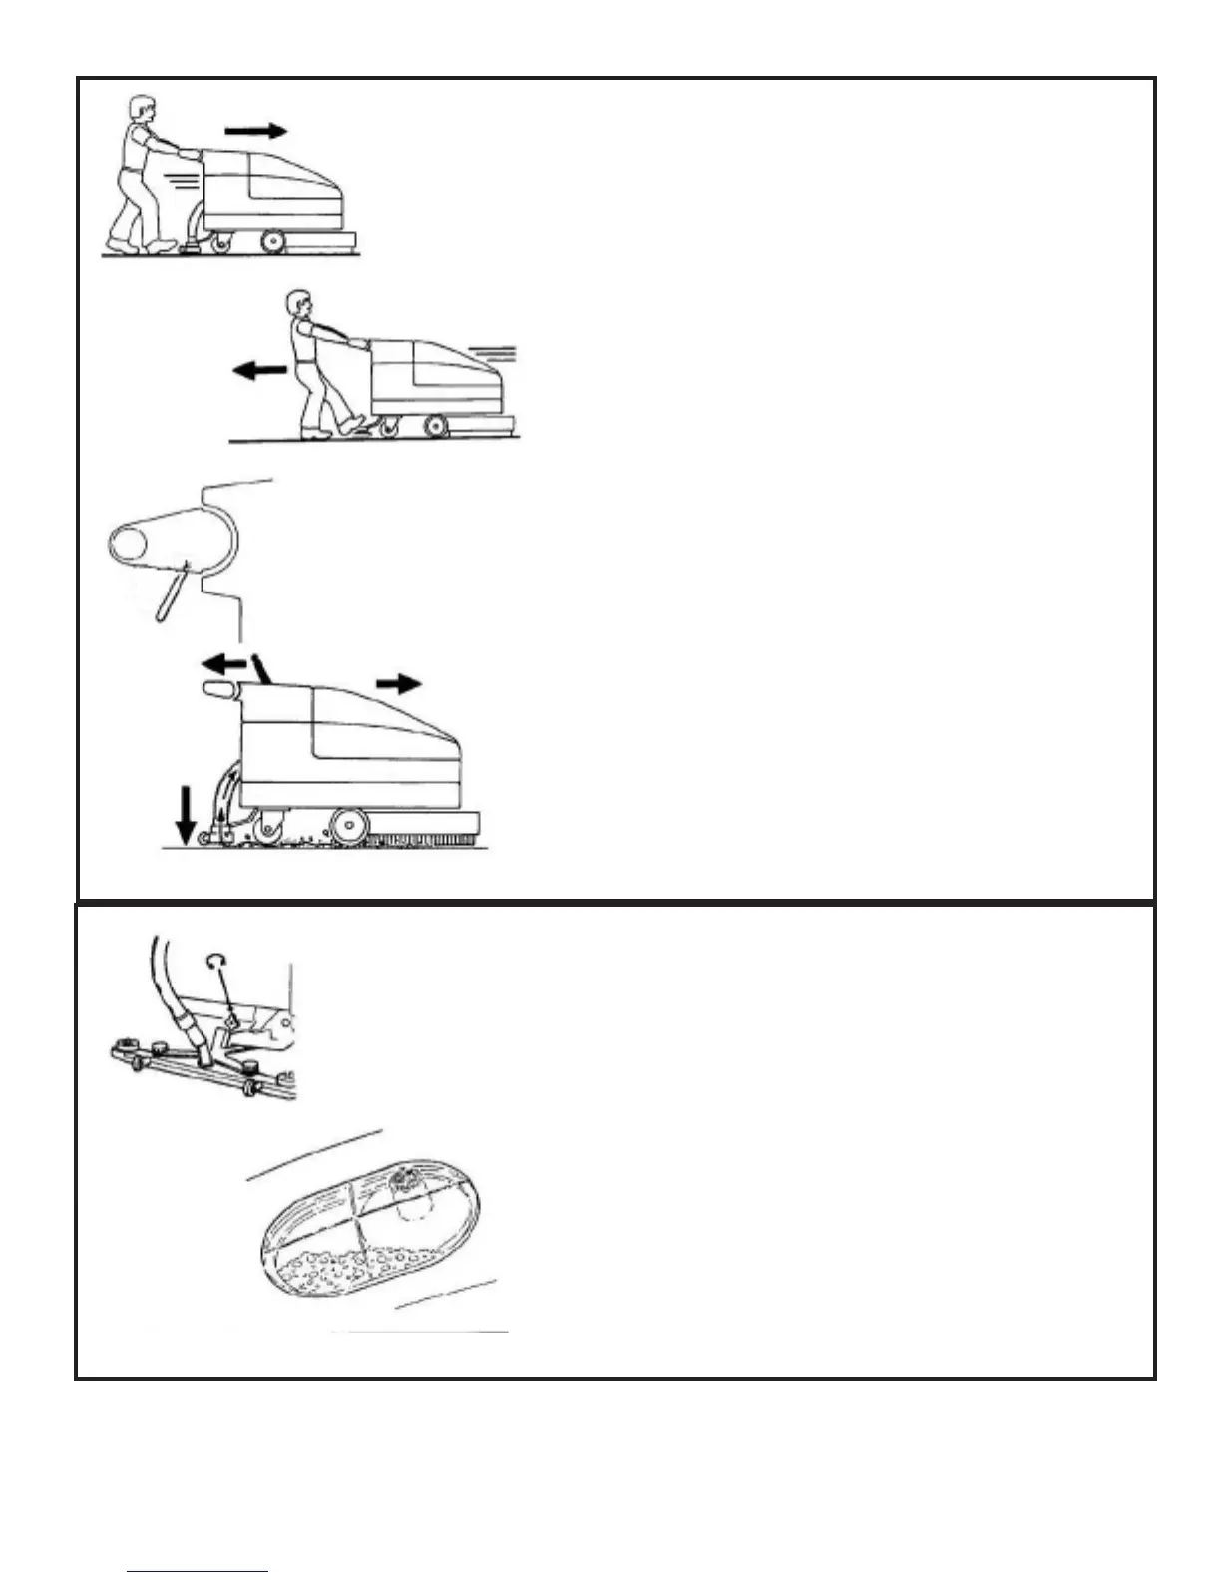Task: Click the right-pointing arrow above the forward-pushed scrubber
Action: coord(255,131)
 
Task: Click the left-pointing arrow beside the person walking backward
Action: coord(259,371)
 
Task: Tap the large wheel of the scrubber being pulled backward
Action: coord(435,427)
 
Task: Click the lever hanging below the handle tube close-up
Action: coord(171,593)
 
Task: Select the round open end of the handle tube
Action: coord(128,547)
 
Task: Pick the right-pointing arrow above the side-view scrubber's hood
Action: coord(399,683)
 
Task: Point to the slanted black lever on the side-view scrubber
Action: coord(260,668)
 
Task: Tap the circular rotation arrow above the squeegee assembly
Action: coord(215,961)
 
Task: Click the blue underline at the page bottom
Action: coord(198,1572)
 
